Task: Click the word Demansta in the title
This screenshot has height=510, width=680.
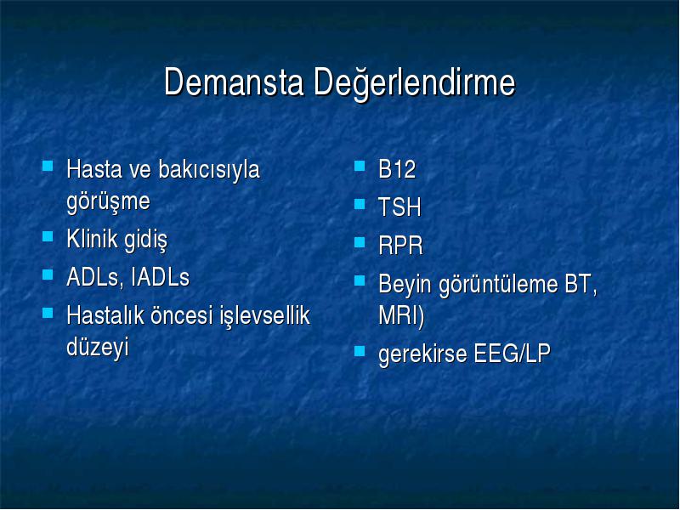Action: point(234,82)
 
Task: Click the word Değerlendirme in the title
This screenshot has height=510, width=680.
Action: point(415,83)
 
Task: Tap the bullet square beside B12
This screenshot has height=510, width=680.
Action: point(360,166)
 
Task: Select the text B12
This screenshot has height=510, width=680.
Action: point(397,169)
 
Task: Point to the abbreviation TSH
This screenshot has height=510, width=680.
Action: point(399,207)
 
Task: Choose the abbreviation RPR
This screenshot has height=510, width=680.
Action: point(400,246)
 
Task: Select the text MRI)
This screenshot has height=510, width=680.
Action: point(401,315)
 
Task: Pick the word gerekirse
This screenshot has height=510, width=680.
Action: point(422,354)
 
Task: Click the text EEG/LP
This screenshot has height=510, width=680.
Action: point(513,354)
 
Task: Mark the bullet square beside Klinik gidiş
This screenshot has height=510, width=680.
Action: point(48,236)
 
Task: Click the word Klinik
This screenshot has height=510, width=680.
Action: point(93,239)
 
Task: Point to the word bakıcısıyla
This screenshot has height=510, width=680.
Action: point(209,169)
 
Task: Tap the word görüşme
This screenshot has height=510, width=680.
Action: point(109,202)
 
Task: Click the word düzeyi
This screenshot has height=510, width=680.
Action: point(98,348)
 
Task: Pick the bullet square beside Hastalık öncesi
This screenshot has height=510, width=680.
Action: point(48,313)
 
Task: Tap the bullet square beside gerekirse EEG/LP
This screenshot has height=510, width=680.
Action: point(360,351)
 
